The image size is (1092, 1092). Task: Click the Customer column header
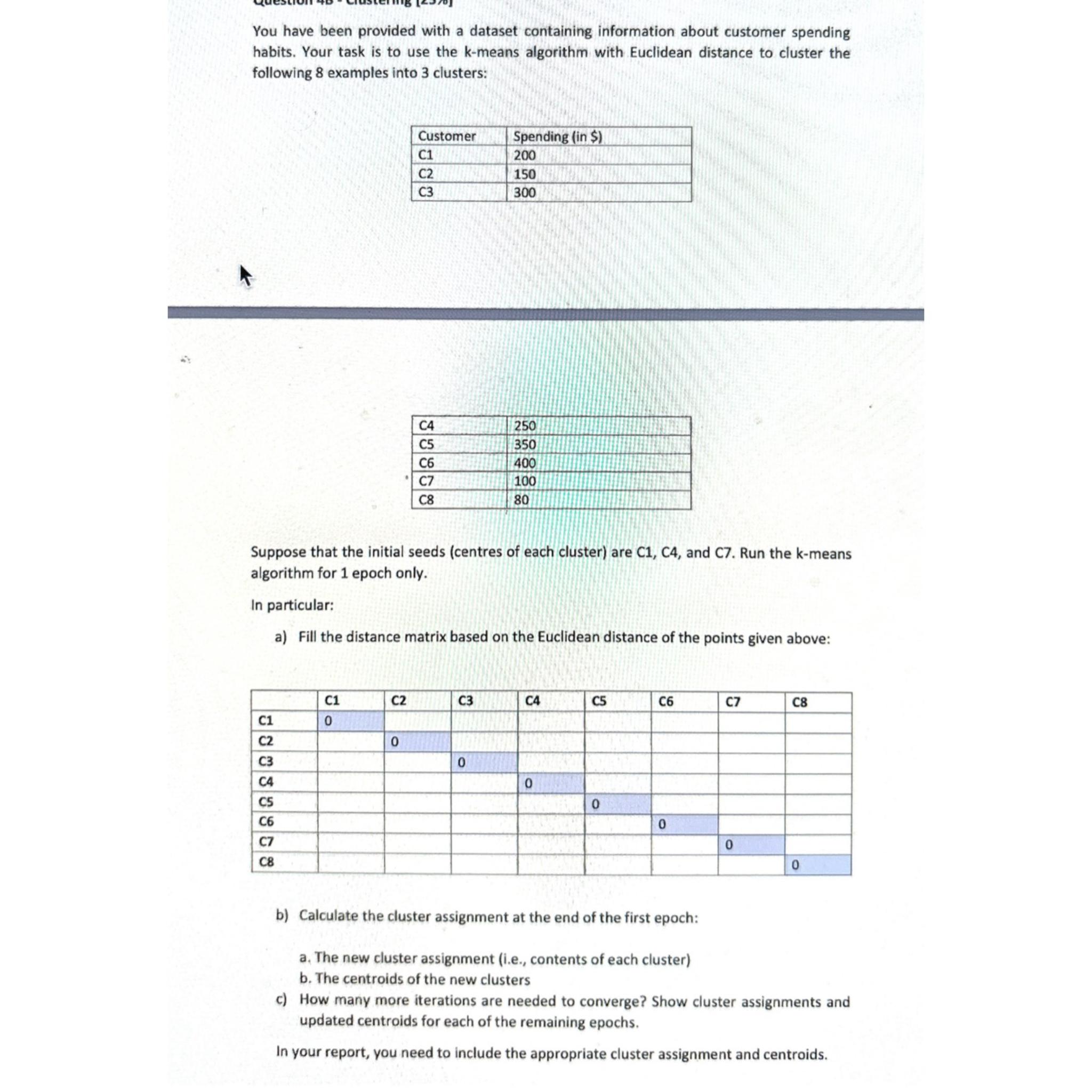point(446,136)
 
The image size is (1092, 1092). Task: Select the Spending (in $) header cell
point(557,137)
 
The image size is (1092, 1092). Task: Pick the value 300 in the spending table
point(524,192)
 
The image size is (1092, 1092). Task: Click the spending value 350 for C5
point(525,444)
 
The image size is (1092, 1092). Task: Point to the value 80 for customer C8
point(521,500)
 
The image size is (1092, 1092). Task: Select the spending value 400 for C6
point(525,463)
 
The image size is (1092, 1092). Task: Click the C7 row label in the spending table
point(426,481)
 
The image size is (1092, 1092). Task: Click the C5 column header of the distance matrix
point(599,702)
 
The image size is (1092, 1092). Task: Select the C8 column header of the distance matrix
point(799,703)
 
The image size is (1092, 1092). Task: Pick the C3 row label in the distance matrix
point(266,761)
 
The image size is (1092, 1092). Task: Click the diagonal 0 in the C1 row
point(328,722)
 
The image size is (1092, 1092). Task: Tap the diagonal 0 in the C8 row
point(794,865)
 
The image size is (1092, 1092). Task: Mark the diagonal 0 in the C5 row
point(595,804)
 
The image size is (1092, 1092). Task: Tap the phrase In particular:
point(292,605)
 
